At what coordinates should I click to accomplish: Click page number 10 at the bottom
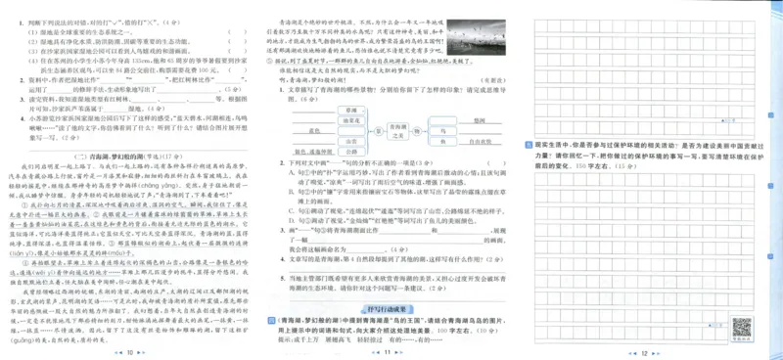130,350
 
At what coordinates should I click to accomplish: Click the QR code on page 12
742,326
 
